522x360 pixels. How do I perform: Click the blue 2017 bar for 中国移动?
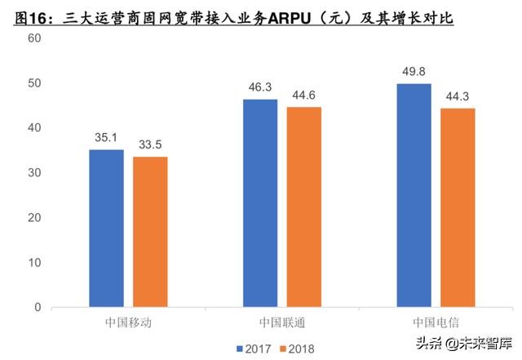106,229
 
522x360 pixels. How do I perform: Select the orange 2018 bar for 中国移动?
150,232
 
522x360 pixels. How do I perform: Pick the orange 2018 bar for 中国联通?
303,207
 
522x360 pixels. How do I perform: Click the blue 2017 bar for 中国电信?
413,196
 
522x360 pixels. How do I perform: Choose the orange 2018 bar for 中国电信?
457,208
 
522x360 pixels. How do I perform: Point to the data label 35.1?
106,138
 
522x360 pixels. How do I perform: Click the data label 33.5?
150,145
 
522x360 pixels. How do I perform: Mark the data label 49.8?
413,72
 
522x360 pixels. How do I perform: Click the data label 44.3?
457,96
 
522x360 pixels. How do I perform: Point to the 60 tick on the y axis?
34,38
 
